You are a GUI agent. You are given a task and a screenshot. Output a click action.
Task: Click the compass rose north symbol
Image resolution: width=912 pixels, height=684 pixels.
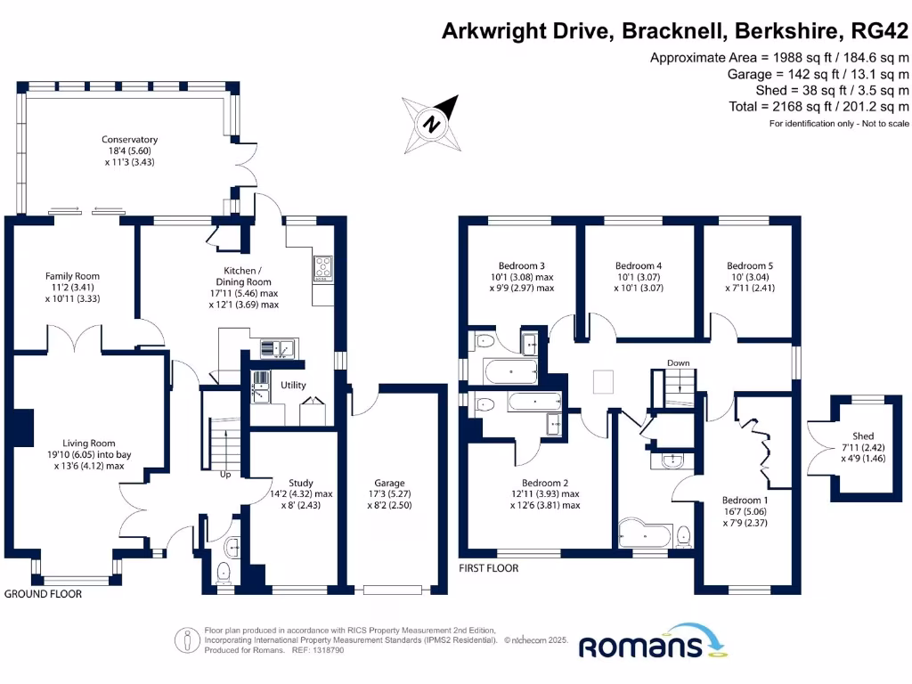432,125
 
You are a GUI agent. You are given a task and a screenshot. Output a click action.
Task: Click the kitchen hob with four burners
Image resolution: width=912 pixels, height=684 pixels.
322,267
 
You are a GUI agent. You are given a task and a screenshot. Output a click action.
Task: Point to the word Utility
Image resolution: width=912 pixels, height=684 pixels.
293,385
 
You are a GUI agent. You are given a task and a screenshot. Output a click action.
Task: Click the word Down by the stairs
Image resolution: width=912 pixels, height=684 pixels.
678,363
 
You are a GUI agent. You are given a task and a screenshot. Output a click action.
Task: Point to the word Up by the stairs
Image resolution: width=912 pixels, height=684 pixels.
225,475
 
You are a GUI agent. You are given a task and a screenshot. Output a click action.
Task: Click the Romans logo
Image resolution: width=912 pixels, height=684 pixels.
654,642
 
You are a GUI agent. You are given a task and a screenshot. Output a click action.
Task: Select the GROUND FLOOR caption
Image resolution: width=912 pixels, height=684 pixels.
43,594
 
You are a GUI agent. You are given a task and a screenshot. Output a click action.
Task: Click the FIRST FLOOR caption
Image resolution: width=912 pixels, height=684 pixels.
489,568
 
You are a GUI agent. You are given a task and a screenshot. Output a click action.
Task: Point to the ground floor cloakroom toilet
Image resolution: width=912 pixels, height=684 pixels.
224,573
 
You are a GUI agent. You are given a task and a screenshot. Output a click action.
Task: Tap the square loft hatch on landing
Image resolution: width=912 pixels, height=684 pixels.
603,381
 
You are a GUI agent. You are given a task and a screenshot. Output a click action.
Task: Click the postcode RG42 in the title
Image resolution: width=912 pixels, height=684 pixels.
879,30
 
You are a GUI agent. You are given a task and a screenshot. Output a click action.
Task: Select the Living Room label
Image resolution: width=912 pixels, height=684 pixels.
89,454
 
